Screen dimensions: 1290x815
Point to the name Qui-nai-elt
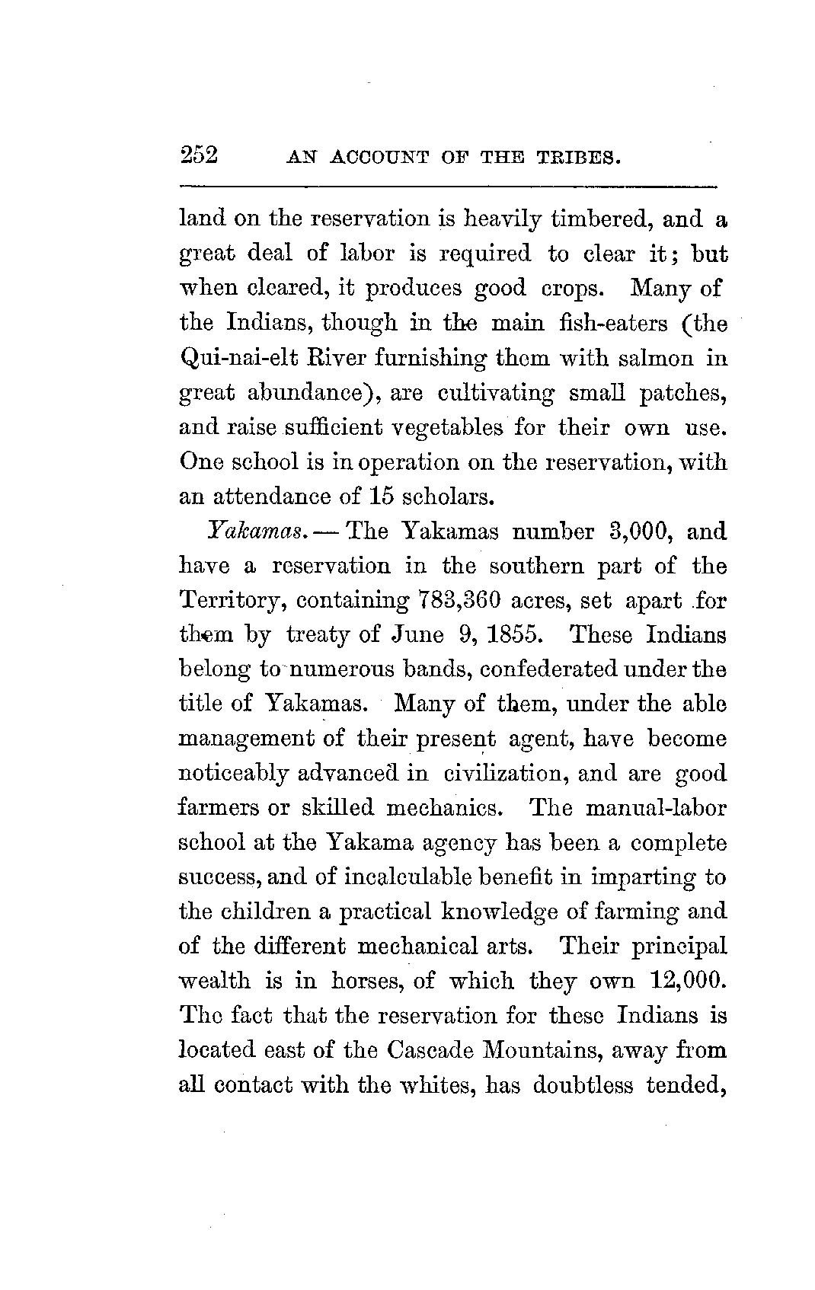(232, 358)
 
